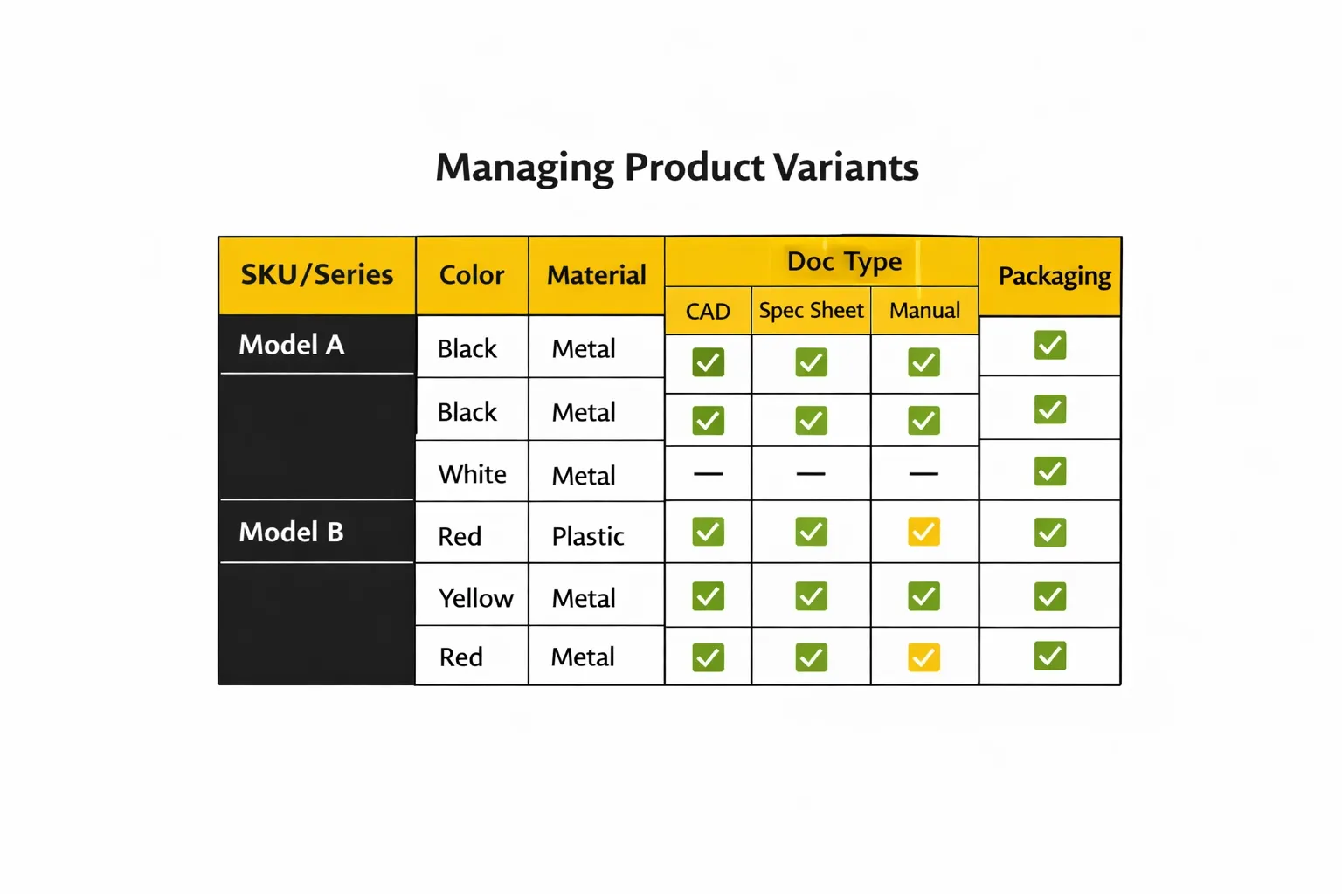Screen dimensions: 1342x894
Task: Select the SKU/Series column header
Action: (x=316, y=275)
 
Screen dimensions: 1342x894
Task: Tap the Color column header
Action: (x=472, y=275)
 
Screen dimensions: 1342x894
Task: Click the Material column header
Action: (x=597, y=275)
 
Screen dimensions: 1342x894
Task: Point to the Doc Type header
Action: (x=844, y=261)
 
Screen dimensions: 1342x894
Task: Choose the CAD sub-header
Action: (x=708, y=312)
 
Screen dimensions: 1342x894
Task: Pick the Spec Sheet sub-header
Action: (x=811, y=311)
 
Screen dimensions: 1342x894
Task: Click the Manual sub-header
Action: (x=924, y=311)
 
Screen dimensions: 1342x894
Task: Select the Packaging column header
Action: (x=1055, y=276)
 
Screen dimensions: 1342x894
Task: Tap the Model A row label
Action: (x=292, y=345)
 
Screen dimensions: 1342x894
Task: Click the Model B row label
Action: (x=292, y=532)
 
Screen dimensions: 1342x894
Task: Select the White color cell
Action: (x=472, y=474)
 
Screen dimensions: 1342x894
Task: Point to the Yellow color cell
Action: (x=475, y=598)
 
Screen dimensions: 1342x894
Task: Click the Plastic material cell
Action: (x=588, y=536)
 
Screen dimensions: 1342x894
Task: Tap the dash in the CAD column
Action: (x=708, y=474)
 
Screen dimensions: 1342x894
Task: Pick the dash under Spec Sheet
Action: (x=811, y=474)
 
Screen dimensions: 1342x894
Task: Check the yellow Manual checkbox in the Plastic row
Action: (x=923, y=532)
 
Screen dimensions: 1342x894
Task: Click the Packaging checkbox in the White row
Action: (x=1049, y=471)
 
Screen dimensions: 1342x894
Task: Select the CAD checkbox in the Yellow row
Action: (x=708, y=596)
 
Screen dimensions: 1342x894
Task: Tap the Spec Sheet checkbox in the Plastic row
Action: (x=811, y=532)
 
